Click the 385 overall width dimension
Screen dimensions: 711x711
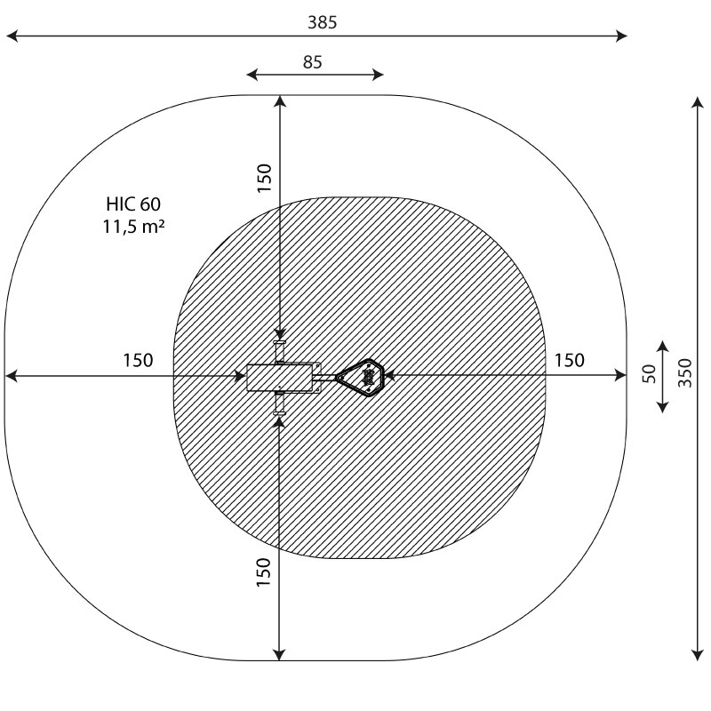(323, 22)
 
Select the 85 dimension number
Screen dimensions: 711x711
(313, 62)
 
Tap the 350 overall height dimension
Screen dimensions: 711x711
(685, 372)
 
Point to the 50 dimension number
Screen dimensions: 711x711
(650, 373)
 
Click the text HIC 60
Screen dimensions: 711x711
(133, 204)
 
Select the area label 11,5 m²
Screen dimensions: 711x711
(133, 227)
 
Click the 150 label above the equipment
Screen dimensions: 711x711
(264, 179)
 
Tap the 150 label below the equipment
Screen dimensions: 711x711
(263, 572)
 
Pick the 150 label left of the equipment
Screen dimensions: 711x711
(139, 361)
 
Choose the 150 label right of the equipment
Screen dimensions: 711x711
(570, 361)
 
